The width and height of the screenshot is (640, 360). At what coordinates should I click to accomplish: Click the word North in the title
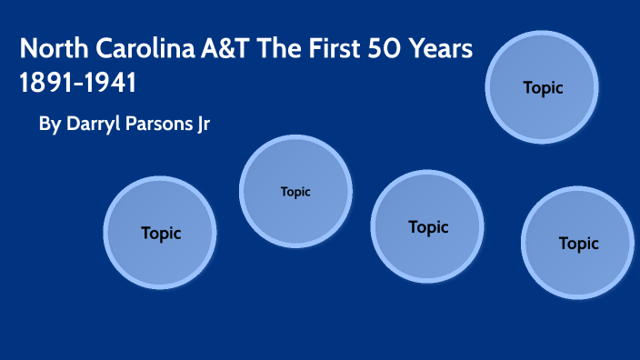coord(48,49)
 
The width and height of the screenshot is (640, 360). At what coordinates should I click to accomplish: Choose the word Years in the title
coord(442,49)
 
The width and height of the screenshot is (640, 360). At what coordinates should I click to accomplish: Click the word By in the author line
coord(49,125)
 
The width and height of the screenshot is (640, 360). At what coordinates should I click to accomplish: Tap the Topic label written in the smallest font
coord(295,192)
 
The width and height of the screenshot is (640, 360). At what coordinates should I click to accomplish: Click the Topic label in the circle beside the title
coord(543,88)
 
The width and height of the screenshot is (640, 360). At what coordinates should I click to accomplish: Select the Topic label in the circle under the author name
coord(161,233)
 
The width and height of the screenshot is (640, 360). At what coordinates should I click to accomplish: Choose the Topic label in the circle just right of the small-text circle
coord(428,227)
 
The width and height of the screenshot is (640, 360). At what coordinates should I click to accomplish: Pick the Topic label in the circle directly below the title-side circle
coord(578,244)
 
